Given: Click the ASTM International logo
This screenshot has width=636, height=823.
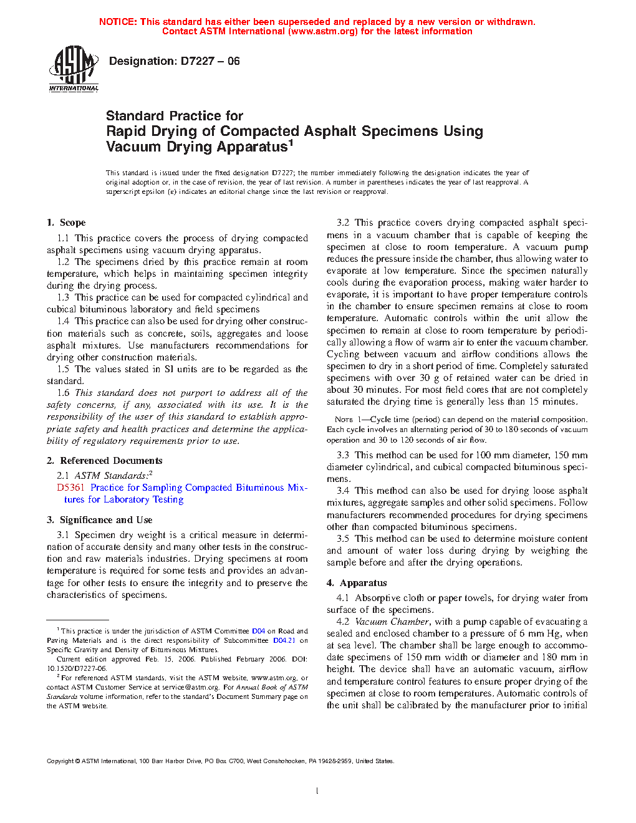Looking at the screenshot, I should click(74, 69).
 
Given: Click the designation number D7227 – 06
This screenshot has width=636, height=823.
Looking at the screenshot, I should click(210, 61).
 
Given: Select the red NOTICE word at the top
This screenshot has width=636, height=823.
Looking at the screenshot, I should click(118, 22).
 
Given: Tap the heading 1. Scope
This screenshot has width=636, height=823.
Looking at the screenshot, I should click(66, 223).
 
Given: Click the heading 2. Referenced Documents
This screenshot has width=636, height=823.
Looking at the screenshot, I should click(105, 461).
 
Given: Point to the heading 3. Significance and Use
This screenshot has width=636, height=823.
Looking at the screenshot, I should click(100, 520).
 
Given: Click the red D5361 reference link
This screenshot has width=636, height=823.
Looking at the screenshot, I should click(70, 488).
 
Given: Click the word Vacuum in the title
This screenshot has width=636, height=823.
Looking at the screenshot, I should click(134, 147).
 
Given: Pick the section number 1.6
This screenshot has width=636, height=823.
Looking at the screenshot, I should click(64, 393).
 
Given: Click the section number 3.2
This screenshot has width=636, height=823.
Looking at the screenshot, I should click(343, 223).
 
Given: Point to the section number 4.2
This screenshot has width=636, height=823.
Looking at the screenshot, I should click(343, 622).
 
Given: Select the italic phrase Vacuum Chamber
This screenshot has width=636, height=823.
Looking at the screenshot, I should click(392, 622).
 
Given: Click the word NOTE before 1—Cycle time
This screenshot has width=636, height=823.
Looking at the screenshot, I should click(344, 420).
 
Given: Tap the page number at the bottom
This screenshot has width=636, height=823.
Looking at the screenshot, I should click(317, 791).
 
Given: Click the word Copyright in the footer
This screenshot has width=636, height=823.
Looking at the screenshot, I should click(60, 761).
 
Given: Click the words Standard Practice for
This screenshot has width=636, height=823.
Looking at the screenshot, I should click(175, 116).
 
